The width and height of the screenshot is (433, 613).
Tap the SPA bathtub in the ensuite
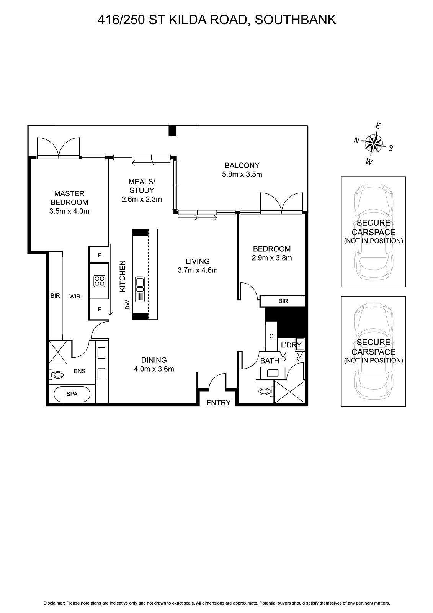pos(72,394)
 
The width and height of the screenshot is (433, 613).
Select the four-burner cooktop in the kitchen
pos(100,281)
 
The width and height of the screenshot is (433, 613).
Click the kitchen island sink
pos(140,290)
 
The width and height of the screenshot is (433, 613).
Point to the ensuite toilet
pos(57,374)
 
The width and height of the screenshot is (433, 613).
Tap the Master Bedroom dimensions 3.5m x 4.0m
pos(69,211)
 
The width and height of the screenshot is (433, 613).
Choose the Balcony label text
pos(242,165)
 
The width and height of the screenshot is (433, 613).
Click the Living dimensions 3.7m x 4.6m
pos(198,270)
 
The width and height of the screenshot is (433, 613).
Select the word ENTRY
pos(218,403)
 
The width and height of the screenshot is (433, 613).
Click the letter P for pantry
pos(100,255)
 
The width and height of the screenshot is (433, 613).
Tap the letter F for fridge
pos(99,310)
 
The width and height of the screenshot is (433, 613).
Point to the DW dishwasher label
pos(127,304)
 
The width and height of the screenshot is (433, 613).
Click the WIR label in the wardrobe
pos(75,297)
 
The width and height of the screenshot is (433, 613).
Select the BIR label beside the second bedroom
pos(283,301)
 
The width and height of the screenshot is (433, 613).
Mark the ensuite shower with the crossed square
pos(58,352)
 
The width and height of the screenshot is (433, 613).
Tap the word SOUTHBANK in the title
pos(296,20)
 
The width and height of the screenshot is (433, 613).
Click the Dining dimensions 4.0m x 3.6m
pos(154,369)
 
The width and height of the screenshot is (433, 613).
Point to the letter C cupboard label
pos(271,336)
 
